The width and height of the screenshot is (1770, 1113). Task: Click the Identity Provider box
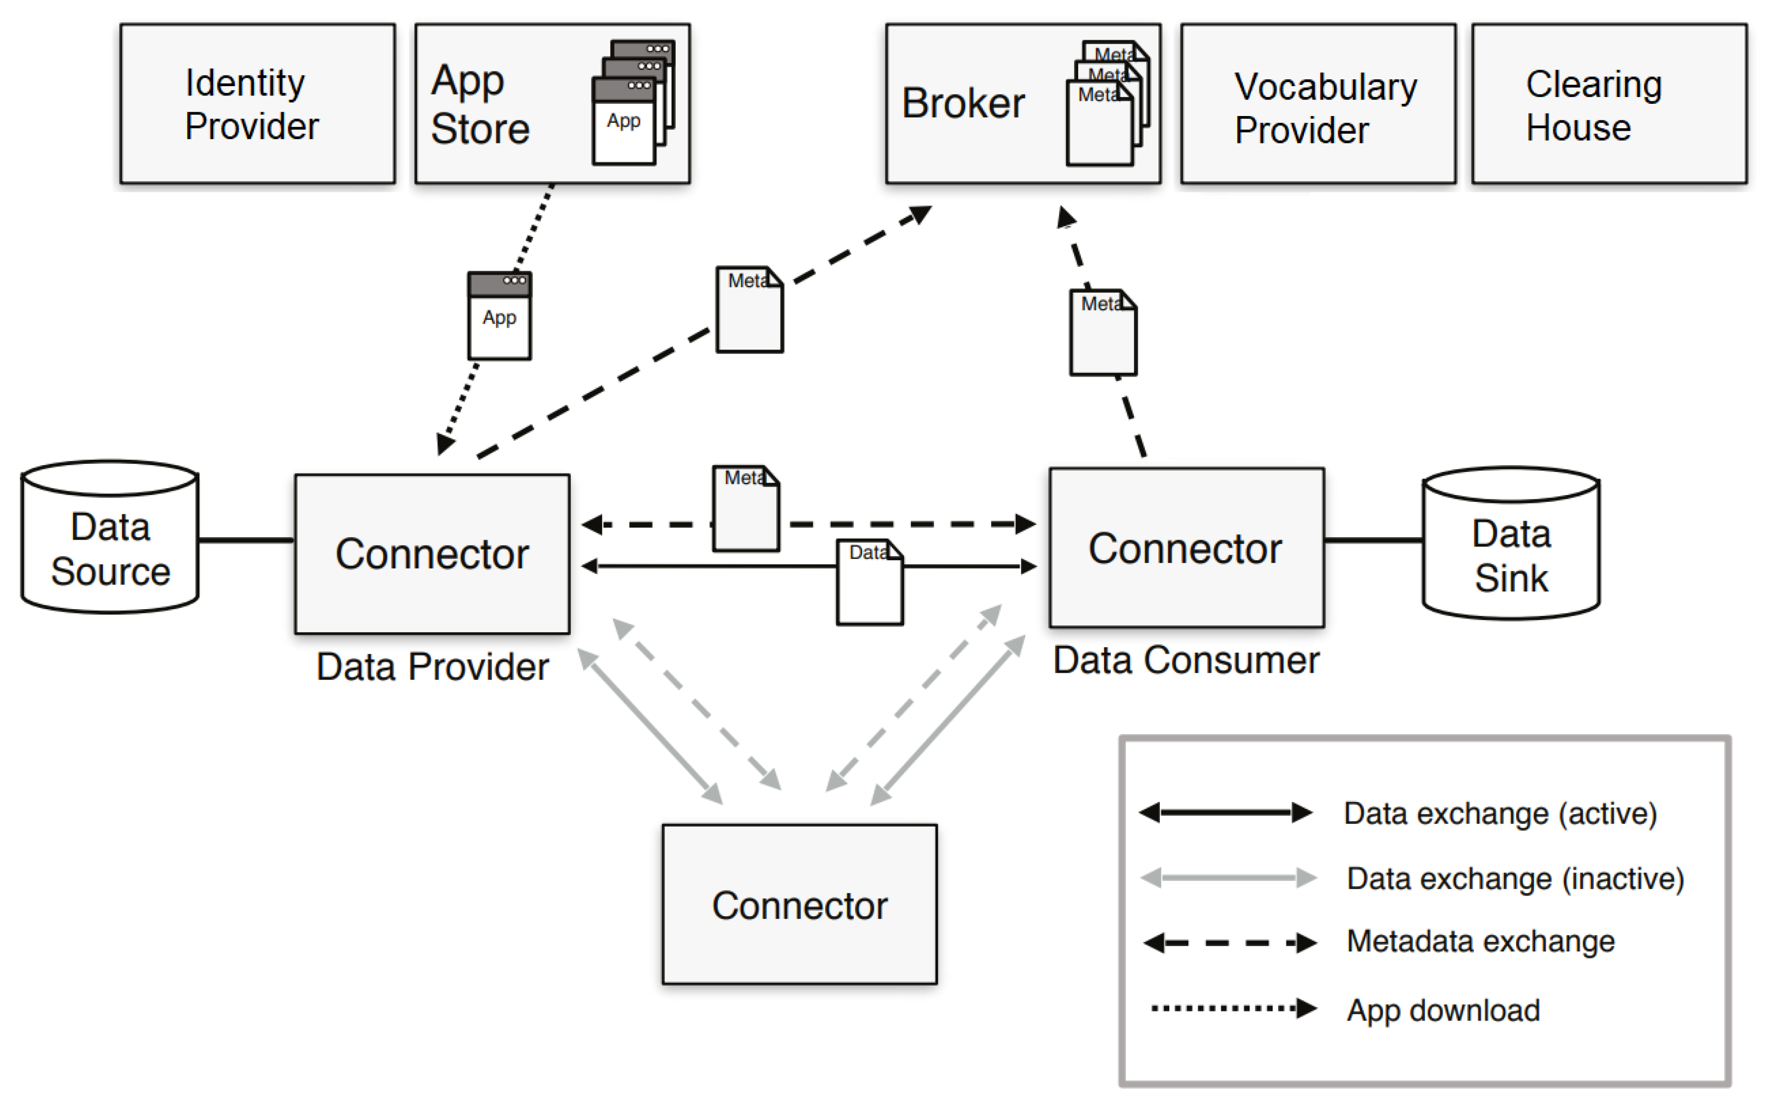pos(257,104)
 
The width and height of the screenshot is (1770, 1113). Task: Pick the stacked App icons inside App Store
pos(632,103)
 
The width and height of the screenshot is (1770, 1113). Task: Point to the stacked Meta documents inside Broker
pos(1107,103)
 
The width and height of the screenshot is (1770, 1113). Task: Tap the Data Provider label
pos(432,667)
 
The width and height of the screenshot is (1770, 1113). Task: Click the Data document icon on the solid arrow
pos(869,583)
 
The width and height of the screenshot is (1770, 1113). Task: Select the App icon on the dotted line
pos(500,316)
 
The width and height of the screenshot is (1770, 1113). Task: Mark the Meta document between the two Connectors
pos(745,508)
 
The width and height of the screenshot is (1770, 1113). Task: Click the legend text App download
pos(1443,1011)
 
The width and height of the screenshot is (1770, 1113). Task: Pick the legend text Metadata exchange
pos(1480,942)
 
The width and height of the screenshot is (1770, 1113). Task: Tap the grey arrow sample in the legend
pos(1228,877)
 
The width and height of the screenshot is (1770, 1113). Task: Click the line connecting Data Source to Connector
pos(246,540)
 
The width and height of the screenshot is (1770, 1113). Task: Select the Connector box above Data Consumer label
pos(1186,548)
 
